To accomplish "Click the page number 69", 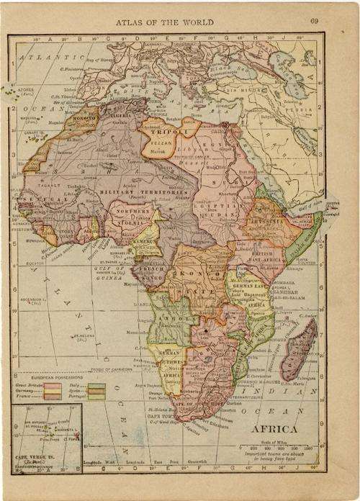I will click(315, 21).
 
